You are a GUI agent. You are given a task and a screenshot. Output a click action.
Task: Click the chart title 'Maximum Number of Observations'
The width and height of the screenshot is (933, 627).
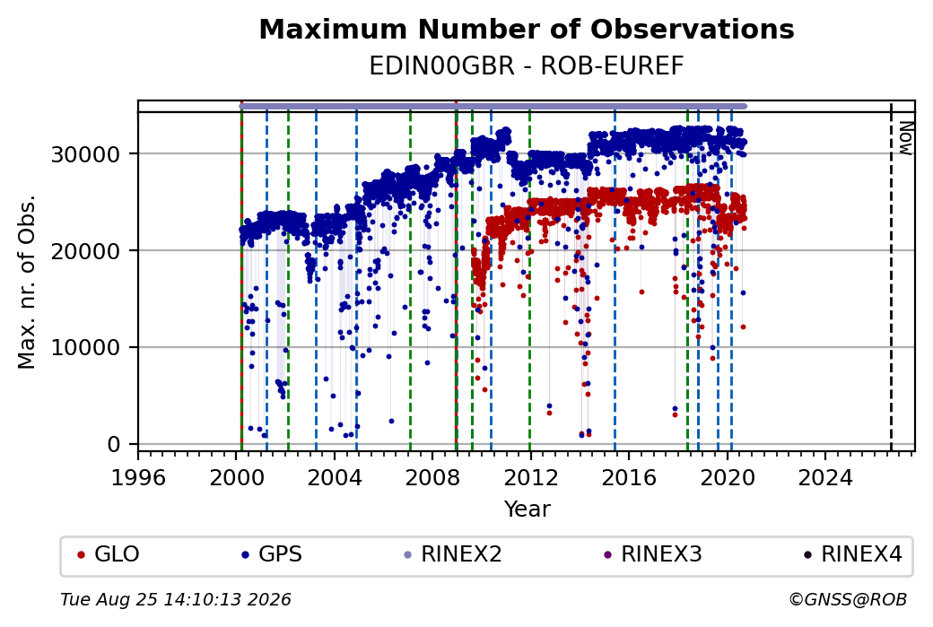point(527,29)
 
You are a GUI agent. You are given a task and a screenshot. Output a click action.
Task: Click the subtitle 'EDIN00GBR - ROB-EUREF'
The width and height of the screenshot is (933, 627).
point(527,66)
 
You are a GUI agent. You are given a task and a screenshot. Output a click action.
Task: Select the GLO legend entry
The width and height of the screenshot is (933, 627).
point(109,554)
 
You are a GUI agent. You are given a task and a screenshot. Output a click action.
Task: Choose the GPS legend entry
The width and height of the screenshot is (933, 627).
point(272,554)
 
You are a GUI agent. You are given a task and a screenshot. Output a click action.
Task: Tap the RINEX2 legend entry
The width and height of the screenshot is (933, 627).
point(453,554)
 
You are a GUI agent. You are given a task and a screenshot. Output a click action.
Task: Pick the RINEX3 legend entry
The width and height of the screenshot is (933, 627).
point(653,554)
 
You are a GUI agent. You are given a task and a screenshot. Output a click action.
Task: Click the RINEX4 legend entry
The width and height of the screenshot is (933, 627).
point(853,554)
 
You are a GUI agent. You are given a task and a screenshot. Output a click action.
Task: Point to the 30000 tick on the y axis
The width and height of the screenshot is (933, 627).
point(86,154)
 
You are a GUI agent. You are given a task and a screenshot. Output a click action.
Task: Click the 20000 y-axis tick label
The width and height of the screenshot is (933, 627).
point(86,251)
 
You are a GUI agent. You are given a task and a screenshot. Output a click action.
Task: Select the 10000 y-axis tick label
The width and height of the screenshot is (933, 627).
point(86,348)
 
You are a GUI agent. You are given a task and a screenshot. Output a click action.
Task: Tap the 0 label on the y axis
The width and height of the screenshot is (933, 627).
point(114,444)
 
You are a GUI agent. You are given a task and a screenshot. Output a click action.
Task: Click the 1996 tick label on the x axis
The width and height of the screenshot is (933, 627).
point(138,478)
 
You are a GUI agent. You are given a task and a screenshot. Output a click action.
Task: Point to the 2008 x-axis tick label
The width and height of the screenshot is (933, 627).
point(432,478)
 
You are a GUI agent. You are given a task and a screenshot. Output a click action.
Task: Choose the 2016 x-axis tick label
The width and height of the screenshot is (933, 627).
point(629,478)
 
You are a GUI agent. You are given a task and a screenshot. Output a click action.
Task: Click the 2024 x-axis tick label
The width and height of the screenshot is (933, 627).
point(825,478)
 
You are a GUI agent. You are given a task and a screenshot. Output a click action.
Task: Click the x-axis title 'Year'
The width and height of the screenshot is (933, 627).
point(528,509)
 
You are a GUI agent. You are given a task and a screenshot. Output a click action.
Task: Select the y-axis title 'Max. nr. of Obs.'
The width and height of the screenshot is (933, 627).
point(27,282)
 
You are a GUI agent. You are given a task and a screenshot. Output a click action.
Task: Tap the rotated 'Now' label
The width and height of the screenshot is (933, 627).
point(905,138)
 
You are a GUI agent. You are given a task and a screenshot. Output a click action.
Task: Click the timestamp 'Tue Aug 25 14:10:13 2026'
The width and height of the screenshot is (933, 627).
point(176,599)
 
